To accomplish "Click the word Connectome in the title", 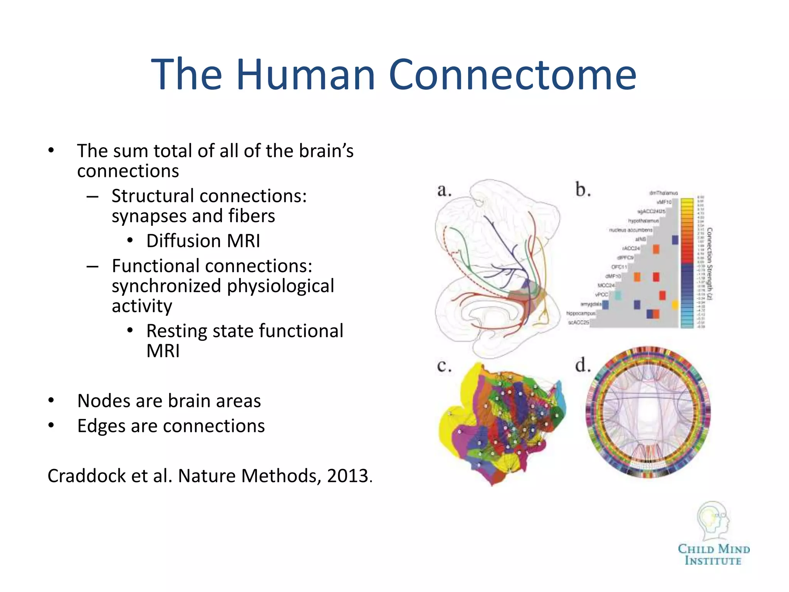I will (512, 74).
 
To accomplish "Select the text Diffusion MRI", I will (203, 241).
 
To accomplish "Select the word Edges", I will (101, 426).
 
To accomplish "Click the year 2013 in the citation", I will (347, 476).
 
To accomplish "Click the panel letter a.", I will (444, 190).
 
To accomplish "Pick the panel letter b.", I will (583, 190).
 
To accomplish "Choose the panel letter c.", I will (444, 365).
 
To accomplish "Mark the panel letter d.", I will (583, 365).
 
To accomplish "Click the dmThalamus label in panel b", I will (663, 193).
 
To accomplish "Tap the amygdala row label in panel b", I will (591, 304).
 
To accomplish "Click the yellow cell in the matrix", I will (675, 305).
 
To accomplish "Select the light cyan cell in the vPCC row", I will (618, 296).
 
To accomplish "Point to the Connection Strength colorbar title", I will (710, 264).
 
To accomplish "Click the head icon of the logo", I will (713, 520).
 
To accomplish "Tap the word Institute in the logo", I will (713, 561).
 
